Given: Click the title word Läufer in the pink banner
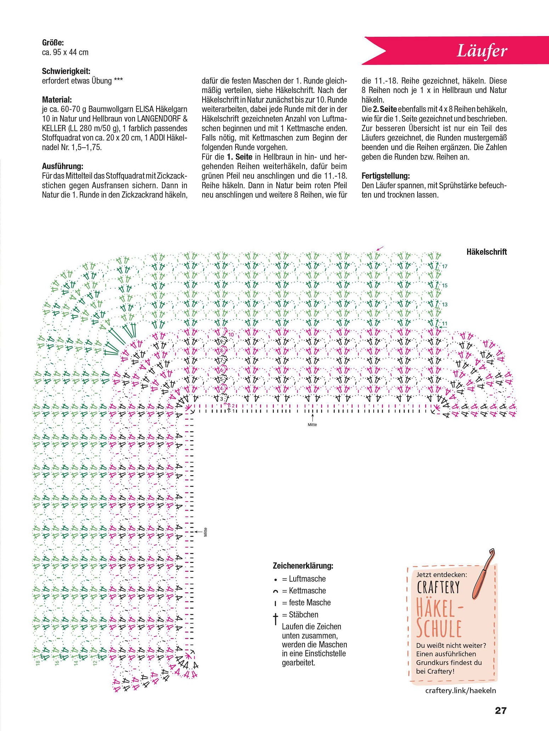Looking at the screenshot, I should tap(482, 51).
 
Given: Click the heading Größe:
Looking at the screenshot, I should tap(53, 43).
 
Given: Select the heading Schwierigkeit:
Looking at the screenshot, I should tap(66, 71).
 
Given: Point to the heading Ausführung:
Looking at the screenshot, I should tap(62, 166).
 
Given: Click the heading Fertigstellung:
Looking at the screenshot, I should tap(386, 176).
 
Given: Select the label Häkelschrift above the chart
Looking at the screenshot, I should tap(486, 252).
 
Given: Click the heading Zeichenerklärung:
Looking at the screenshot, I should tap(303, 566).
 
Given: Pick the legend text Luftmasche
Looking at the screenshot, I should tap(307, 579).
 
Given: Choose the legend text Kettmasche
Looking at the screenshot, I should tap(307, 591).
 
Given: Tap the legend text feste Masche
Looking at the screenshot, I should tap(310, 603).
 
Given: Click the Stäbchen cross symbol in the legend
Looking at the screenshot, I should tap(275, 618).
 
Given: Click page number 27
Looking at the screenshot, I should tap(501, 710).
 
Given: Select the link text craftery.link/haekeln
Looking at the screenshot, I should tap(460, 690).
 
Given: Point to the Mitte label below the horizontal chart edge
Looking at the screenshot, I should tap(312, 425).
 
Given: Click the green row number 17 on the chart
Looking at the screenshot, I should tap(445, 266).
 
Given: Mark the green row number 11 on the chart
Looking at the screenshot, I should tap(445, 323).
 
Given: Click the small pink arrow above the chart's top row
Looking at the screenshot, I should tap(380, 249).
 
